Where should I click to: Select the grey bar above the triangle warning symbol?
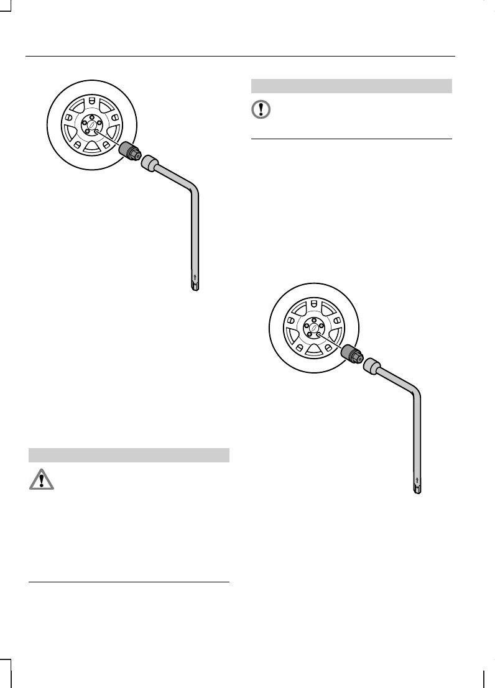[x=129, y=455]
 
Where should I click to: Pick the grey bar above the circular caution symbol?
[x=351, y=86]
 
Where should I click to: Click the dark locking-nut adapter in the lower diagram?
[x=349, y=354]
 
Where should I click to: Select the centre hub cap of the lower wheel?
[x=313, y=329]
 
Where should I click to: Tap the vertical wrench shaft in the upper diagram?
[x=195, y=236]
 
